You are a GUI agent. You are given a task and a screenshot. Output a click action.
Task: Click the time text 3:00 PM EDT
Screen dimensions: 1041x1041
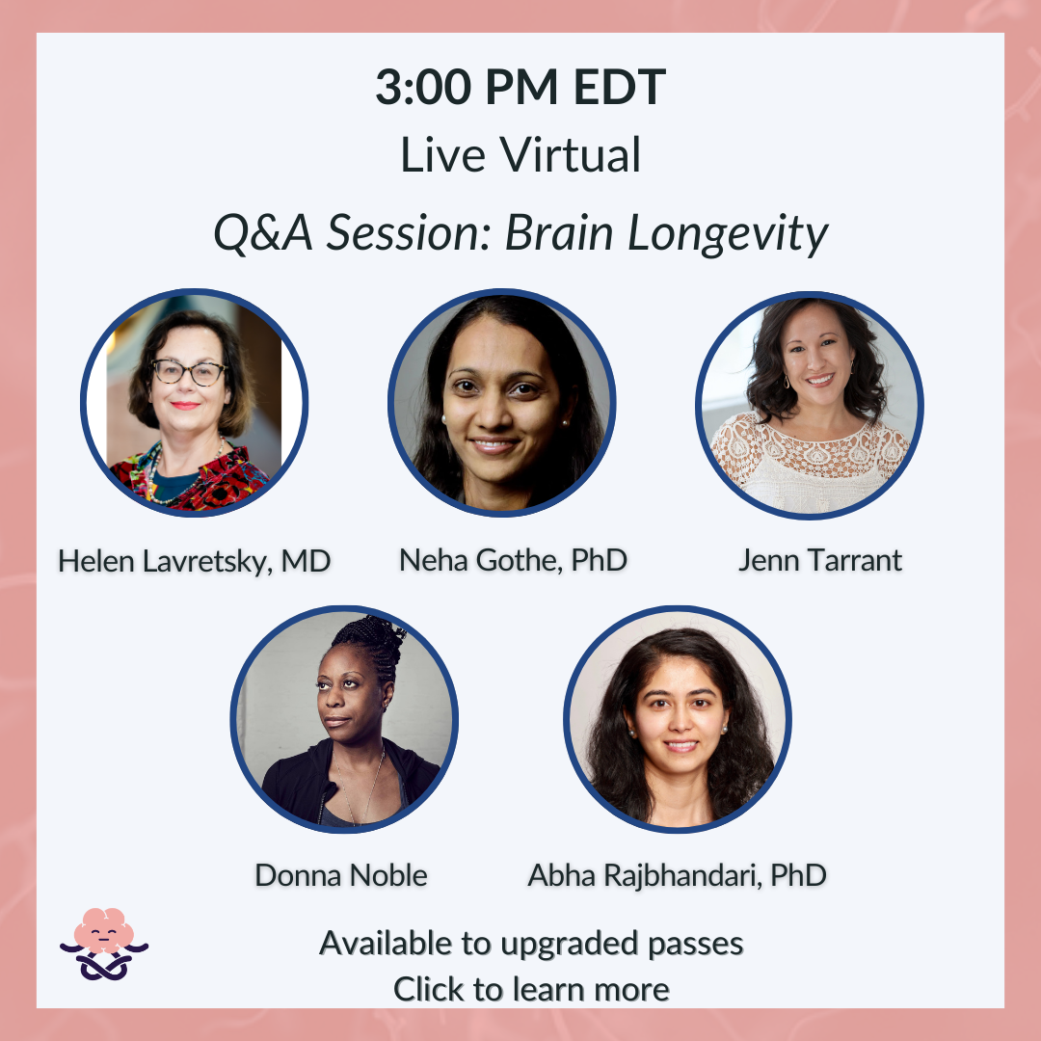(x=520, y=87)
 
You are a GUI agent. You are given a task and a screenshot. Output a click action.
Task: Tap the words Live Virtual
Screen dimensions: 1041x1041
(x=520, y=154)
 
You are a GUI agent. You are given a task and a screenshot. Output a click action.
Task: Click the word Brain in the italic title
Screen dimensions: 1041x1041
(x=559, y=233)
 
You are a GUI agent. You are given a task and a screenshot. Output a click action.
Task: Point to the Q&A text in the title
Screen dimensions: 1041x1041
(x=263, y=233)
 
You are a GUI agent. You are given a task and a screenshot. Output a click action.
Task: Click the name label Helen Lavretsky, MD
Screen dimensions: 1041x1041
(x=194, y=562)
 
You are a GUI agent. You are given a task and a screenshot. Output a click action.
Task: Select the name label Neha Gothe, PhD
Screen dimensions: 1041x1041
(x=513, y=560)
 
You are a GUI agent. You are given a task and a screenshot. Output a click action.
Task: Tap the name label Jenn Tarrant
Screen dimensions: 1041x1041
(x=820, y=560)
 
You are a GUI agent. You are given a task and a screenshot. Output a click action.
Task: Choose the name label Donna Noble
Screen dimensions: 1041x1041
(x=341, y=875)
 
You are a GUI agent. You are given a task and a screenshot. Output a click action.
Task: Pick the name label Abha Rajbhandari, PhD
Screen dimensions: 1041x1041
(x=678, y=875)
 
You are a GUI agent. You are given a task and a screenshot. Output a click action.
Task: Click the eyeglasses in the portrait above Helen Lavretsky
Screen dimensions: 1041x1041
(x=189, y=372)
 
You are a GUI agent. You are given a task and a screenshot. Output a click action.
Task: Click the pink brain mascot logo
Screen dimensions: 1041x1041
(x=104, y=944)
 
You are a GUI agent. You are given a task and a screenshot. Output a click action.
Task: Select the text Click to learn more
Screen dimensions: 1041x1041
(x=531, y=989)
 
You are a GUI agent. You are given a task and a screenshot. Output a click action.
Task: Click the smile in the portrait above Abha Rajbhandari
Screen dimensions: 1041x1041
(x=681, y=745)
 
